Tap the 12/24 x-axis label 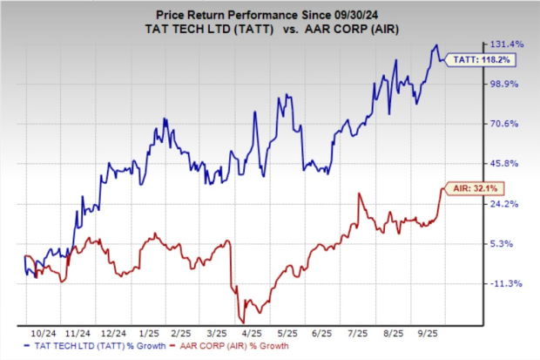tap(115, 334)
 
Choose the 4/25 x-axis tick tap(253, 334)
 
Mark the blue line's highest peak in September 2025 tap(435, 45)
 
